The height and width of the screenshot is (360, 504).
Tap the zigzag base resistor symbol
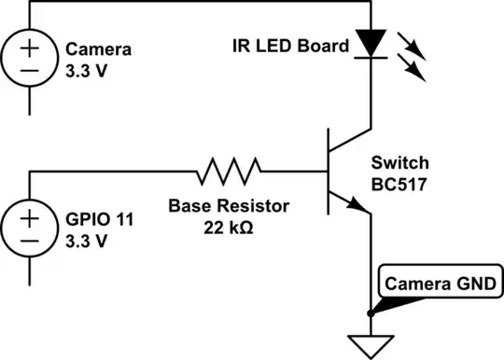[x=229, y=171]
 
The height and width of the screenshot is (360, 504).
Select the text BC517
[x=399, y=184]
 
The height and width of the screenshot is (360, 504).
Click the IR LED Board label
[x=298, y=45]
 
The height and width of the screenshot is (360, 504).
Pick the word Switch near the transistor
[x=398, y=163]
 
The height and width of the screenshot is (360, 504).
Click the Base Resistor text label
[x=228, y=204]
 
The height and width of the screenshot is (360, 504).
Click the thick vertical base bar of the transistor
[x=330, y=172]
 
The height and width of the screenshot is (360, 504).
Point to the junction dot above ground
[x=371, y=312]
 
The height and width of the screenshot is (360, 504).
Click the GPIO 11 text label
[x=97, y=221]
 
